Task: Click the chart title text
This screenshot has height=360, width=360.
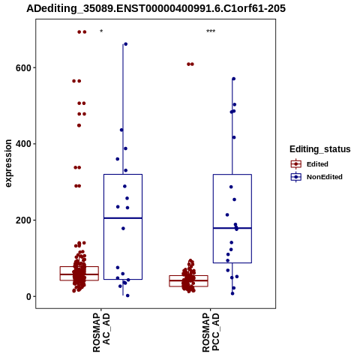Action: (x=156, y=9)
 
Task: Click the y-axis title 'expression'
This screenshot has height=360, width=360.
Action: (x=8, y=163)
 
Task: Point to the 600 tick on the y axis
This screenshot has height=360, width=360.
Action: (x=23, y=68)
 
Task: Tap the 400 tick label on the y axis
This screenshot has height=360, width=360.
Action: (x=23, y=144)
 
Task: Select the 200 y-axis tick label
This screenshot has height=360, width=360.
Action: (x=23, y=220)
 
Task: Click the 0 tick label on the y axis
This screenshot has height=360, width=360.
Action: (x=28, y=297)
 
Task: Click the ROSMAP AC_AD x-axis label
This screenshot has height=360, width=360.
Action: (x=101, y=332)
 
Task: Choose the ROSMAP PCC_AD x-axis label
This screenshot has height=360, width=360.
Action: (x=211, y=332)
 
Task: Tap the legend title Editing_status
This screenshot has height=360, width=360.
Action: (x=320, y=149)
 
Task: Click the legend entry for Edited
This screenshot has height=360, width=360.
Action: (x=309, y=164)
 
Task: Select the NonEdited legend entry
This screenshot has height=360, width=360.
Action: (x=316, y=177)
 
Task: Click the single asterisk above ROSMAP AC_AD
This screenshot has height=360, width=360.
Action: (x=101, y=31)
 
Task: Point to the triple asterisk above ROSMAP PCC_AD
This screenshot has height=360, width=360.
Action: (x=211, y=31)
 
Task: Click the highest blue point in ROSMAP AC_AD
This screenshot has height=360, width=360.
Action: (x=126, y=44)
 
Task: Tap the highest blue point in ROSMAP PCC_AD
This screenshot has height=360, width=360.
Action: (x=234, y=79)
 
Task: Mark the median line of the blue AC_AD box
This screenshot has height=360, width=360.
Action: (x=123, y=218)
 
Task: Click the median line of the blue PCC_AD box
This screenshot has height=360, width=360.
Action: (x=232, y=228)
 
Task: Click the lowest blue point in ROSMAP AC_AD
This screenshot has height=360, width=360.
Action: (x=127, y=295)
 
